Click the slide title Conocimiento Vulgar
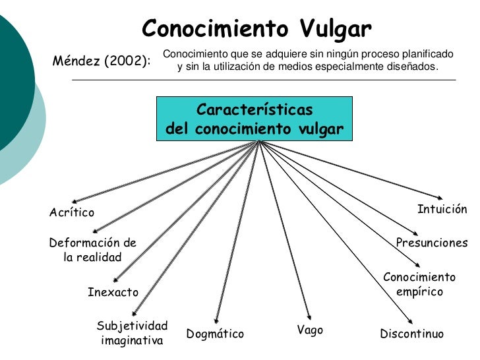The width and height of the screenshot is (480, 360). coord(257,29)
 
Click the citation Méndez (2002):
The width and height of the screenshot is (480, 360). coord(101,62)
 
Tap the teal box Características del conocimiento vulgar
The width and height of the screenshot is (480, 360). coord(255,119)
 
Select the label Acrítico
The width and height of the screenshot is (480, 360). coord(72,212)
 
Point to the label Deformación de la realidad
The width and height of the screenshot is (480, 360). coord(93,249)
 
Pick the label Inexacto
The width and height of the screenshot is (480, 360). coord(113,292)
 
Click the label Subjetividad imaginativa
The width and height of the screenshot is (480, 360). coord(132,334)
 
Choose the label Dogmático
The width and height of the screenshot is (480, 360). coord(215,334)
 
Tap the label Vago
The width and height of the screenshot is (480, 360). coord(310,330)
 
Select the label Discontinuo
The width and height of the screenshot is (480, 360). coord(412,334)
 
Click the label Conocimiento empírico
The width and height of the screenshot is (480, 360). coord(419,284)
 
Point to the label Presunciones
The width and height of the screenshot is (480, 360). coord(431,243)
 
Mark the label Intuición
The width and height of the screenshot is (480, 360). coord(442,210)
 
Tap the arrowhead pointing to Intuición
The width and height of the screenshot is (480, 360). coord(440,196)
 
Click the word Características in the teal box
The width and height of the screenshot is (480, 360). coord(255,109)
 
